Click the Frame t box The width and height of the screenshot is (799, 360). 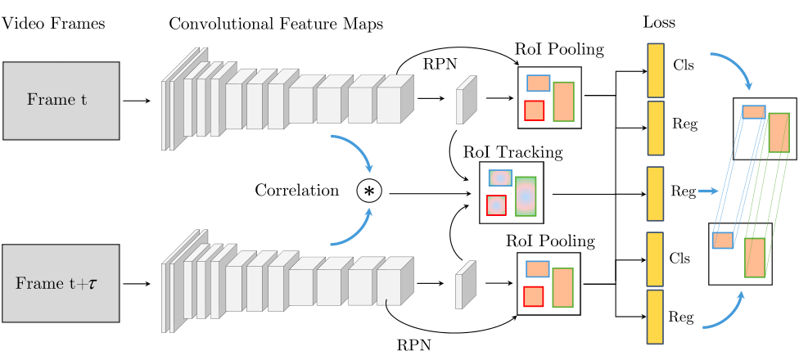(x=61, y=100)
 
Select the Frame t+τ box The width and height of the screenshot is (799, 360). (x=61, y=282)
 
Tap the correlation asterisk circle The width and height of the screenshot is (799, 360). (x=369, y=191)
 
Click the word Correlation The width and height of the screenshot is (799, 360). (x=296, y=191)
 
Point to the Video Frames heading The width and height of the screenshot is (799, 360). (x=53, y=24)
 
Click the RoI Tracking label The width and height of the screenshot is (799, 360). (x=512, y=152)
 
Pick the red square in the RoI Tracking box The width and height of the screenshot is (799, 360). (x=496, y=205)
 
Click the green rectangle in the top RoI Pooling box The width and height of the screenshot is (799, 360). (x=563, y=101)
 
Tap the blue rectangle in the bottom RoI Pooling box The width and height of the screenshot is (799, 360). (x=537, y=268)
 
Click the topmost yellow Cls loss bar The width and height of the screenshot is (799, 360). (x=656, y=69)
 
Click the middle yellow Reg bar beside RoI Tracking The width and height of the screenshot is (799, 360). (x=656, y=193)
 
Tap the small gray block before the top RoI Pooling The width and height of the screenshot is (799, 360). (x=465, y=100)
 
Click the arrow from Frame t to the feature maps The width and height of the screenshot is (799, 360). (x=137, y=101)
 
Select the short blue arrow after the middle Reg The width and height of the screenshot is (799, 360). (x=708, y=191)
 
